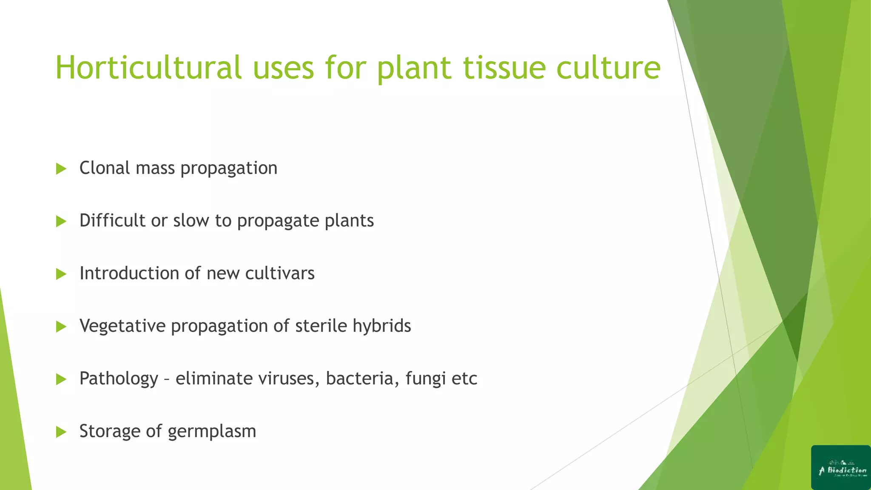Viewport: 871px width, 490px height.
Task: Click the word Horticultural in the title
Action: click(x=148, y=68)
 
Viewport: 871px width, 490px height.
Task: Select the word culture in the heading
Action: click(x=608, y=68)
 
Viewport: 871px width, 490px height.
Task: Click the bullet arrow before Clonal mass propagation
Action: click(x=61, y=169)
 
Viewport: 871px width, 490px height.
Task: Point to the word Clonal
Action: click(x=105, y=168)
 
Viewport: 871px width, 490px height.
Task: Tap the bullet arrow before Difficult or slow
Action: click(x=61, y=221)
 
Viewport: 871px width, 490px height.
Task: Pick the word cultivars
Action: click(x=280, y=273)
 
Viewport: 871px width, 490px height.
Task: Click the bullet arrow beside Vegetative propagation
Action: click(x=61, y=327)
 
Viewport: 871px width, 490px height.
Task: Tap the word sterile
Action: click(x=321, y=326)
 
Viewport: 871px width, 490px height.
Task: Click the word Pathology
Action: click(x=119, y=379)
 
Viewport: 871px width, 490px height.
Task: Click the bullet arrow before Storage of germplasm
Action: click(x=61, y=432)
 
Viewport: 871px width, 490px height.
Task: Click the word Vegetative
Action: click(x=122, y=326)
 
